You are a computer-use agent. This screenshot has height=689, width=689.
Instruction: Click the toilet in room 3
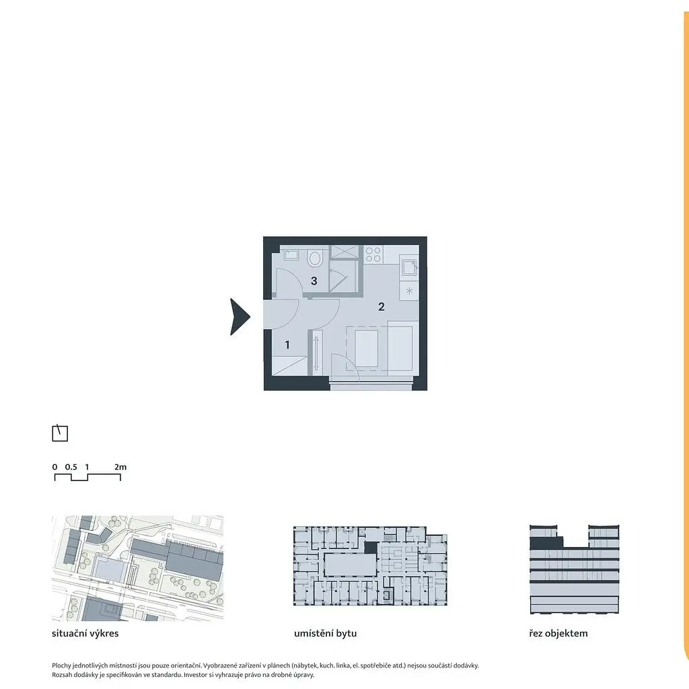[x=314, y=258]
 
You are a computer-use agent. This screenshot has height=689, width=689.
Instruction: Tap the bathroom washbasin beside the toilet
[x=291, y=254]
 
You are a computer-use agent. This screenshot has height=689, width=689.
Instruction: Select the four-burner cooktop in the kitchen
[x=373, y=254]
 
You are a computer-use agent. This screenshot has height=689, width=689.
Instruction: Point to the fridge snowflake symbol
[x=410, y=291]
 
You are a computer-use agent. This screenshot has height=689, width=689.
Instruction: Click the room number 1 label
[x=287, y=345]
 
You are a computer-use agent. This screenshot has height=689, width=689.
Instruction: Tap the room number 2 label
[x=382, y=307]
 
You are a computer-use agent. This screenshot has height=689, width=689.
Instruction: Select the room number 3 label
[x=314, y=281]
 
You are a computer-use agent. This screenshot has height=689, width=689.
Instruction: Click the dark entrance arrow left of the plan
[x=240, y=316]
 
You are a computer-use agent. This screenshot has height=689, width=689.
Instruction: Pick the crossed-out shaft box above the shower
[x=344, y=252]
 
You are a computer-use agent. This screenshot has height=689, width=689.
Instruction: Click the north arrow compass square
[x=60, y=433]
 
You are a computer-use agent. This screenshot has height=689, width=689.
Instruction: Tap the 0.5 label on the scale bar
[x=71, y=467]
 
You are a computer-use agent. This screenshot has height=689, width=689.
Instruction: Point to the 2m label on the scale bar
[x=120, y=467]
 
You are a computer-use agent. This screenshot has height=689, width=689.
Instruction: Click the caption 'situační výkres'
[x=85, y=633]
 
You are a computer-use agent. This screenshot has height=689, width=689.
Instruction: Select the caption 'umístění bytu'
[x=325, y=633]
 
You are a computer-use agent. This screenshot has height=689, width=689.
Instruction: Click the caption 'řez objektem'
[x=558, y=633]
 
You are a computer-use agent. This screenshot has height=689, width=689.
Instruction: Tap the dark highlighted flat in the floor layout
[x=371, y=547]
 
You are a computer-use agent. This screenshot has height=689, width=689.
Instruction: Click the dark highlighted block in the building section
[x=546, y=543]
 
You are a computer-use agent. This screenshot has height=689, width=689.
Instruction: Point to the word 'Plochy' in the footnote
[x=61, y=665]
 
